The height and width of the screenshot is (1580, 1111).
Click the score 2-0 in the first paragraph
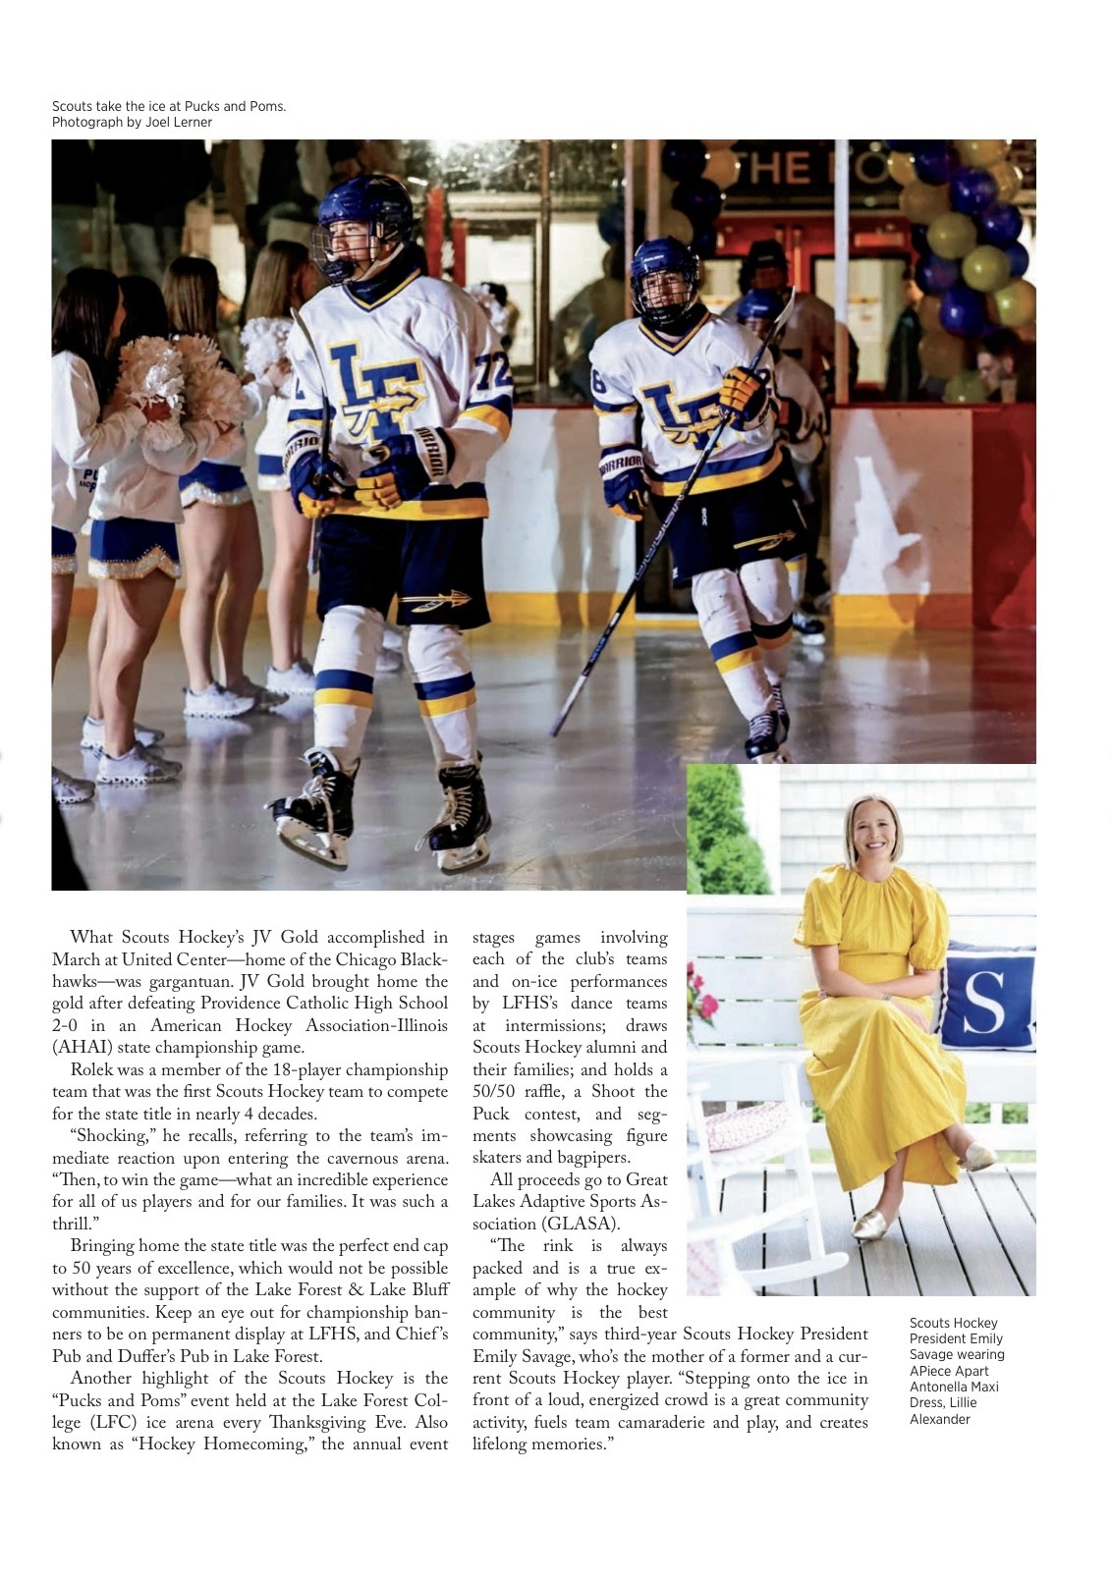click(67, 1026)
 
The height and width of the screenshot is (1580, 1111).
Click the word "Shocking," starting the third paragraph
click(110, 1136)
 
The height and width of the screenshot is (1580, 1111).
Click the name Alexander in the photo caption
click(939, 1419)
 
